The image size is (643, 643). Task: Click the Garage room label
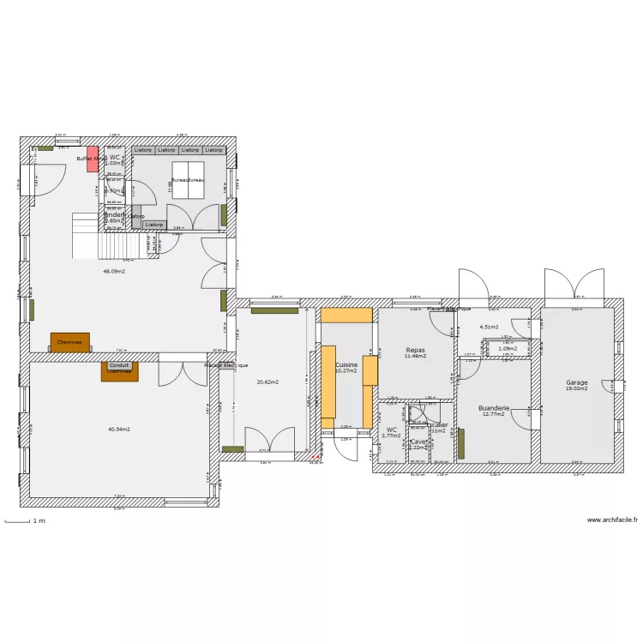coord(577,382)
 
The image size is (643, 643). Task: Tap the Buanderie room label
coord(495,408)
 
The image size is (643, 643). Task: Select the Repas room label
coord(416,350)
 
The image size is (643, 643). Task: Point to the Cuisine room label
coord(346,364)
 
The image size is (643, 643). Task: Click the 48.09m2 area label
coord(114,271)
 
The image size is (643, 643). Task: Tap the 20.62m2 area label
coord(267,382)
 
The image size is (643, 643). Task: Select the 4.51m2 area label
coord(490,327)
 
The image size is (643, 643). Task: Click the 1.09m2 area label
coord(508,349)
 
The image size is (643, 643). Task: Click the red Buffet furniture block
coord(92,159)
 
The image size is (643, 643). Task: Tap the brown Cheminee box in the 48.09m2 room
coord(69,342)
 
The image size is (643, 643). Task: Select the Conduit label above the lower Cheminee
coord(119,364)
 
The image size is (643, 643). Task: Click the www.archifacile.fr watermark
coord(612,520)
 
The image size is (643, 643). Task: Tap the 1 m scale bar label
coord(39,520)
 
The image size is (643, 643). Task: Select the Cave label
coord(418,442)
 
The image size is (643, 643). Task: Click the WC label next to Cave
coord(392,430)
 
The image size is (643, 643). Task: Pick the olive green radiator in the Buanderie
coord(461,443)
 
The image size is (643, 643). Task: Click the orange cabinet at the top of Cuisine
coord(346,315)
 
